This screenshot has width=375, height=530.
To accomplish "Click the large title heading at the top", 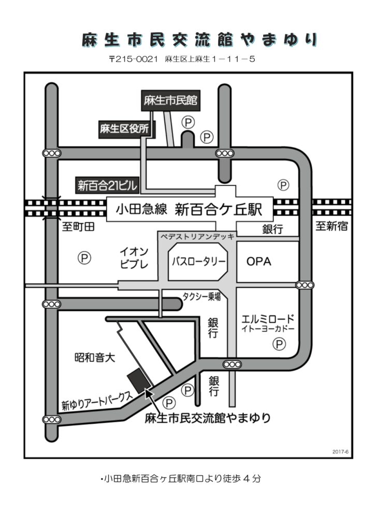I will click(199, 40).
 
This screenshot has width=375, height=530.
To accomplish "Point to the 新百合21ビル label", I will click(105, 184).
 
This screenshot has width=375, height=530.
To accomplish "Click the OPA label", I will click(258, 262).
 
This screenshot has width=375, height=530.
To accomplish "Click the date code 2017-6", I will click(340, 451).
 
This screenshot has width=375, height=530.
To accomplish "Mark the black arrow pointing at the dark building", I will click(149, 396).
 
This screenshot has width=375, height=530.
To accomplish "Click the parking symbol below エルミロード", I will click(280, 343).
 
